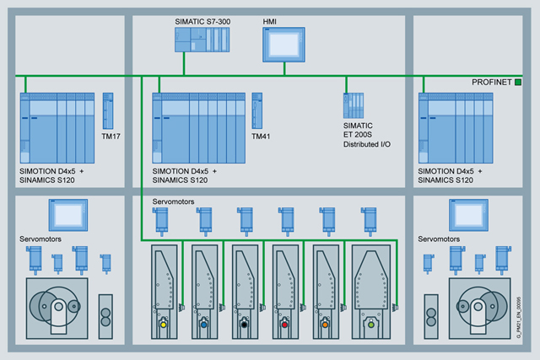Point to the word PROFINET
tap(492, 82)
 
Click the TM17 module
tap(107, 110)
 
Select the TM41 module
tap(257, 110)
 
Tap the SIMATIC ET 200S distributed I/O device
tap(354, 105)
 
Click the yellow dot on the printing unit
tap(164, 325)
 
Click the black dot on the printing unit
tap(246, 325)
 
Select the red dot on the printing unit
tap(286, 325)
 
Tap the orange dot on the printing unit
tap(327, 325)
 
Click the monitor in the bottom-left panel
tap(67, 215)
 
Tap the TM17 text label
tap(111, 136)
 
